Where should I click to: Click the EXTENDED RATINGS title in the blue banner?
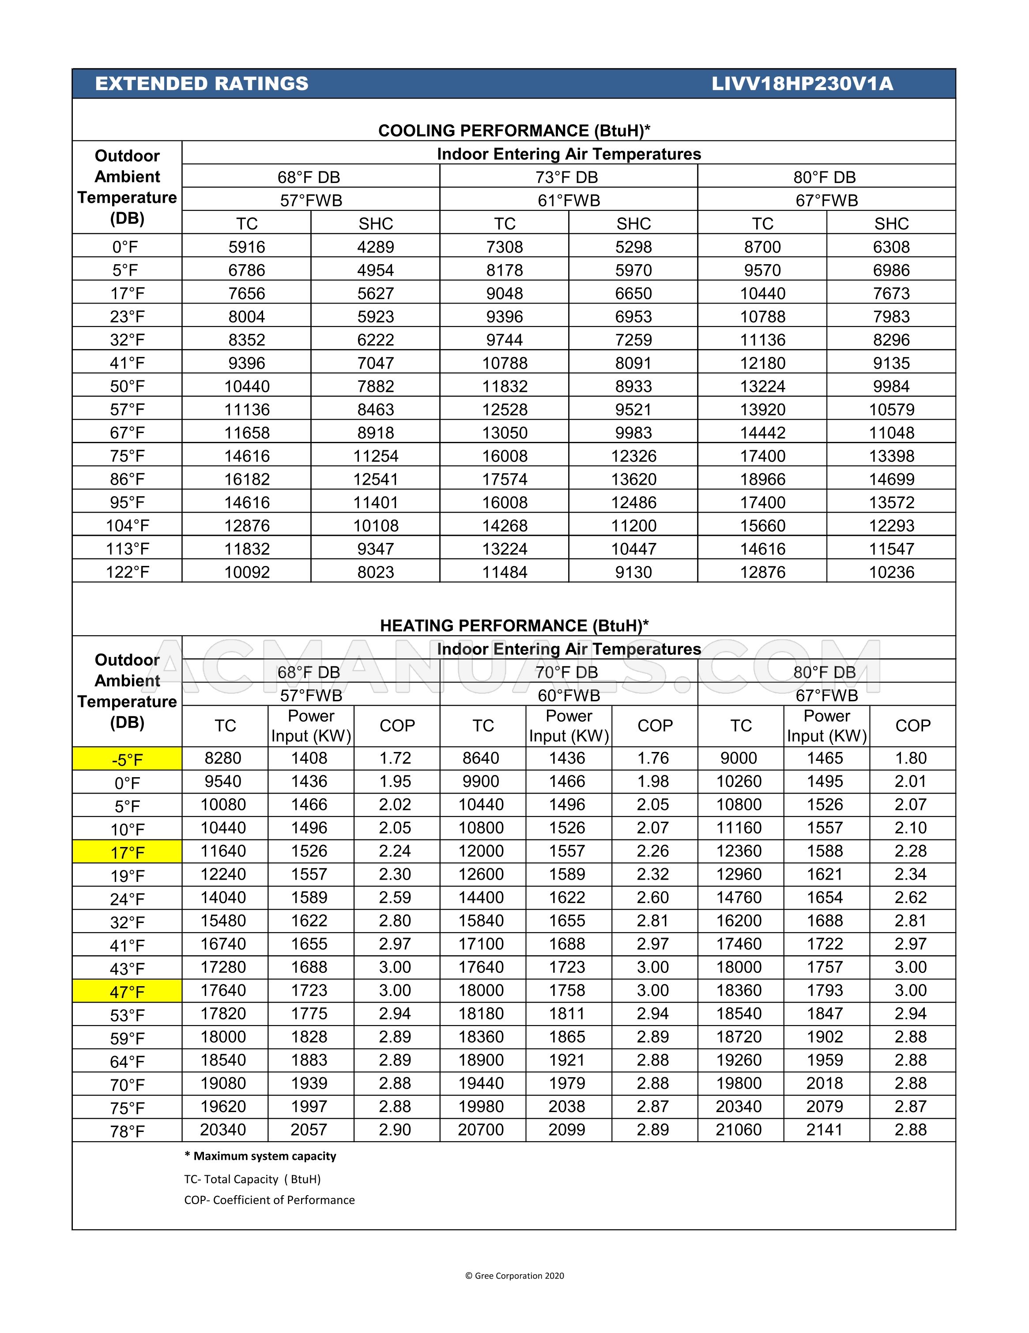click(x=201, y=84)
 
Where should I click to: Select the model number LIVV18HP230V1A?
click(x=802, y=84)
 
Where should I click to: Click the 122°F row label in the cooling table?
click(x=127, y=572)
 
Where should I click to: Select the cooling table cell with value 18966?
click(x=762, y=479)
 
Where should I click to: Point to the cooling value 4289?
click(x=375, y=247)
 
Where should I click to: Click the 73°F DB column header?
click(x=567, y=177)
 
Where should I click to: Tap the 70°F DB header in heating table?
click(x=567, y=672)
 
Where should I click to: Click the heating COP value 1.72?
click(x=395, y=758)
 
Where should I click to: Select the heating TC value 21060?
click(x=739, y=1130)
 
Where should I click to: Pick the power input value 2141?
click(x=824, y=1130)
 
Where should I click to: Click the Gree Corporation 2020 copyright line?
click(x=514, y=1276)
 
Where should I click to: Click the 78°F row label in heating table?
click(x=127, y=1132)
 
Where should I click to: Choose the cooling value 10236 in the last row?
click(x=891, y=572)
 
